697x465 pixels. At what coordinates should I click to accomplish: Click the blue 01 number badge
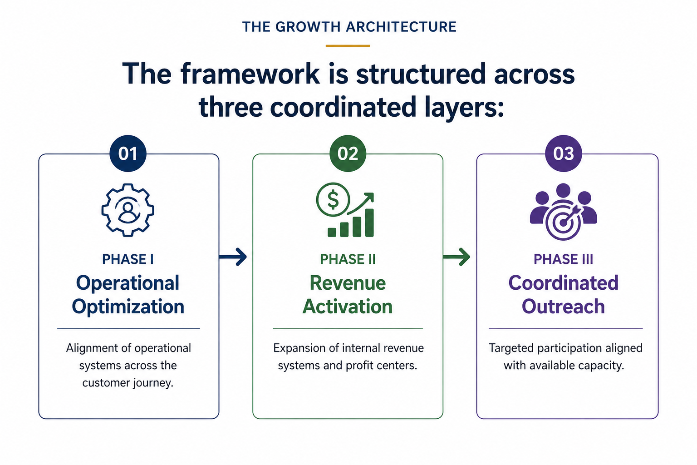(128, 153)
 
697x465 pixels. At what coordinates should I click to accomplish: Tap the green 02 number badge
(348, 153)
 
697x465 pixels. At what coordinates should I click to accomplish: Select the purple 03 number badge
(563, 153)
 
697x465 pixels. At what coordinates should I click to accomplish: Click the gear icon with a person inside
(128, 210)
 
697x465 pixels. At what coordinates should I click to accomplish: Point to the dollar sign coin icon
(333, 200)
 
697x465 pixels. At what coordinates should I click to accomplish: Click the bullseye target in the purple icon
(563, 222)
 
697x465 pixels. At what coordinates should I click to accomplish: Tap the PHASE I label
(128, 259)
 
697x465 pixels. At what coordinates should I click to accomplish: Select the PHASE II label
(348, 259)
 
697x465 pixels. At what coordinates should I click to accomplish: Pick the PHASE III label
(563, 259)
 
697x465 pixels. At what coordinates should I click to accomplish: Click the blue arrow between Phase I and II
(233, 257)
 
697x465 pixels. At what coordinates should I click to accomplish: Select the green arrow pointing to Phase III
(456, 257)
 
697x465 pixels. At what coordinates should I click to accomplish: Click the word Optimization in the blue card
(128, 307)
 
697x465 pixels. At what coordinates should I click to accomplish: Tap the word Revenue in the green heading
(348, 283)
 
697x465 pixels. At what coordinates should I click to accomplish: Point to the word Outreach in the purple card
(563, 307)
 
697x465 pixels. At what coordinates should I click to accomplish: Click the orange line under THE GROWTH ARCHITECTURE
(348, 46)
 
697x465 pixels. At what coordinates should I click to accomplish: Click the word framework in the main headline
(250, 74)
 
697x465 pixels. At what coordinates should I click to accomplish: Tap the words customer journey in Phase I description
(128, 383)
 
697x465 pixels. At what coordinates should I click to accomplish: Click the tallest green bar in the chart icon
(369, 223)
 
